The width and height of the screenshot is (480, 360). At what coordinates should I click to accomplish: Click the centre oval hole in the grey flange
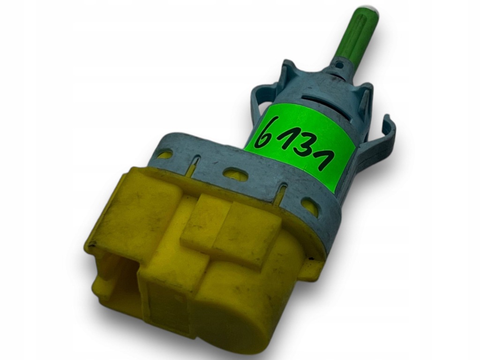tap(235, 174)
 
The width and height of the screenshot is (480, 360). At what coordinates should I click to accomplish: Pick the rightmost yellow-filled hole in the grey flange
tap(310, 205)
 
